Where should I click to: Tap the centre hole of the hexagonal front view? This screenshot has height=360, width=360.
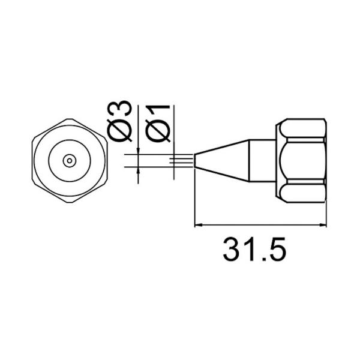coord(69,160)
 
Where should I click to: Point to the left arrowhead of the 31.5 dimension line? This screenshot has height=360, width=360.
coord(200,226)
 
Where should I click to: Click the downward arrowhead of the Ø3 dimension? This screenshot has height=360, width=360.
coord(139,151)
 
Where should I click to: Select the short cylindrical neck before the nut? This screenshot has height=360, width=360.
coord(263,160)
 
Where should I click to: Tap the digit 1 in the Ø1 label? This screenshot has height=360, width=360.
coord(157,111)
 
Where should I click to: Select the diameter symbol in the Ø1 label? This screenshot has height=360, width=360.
coord(157,132)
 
